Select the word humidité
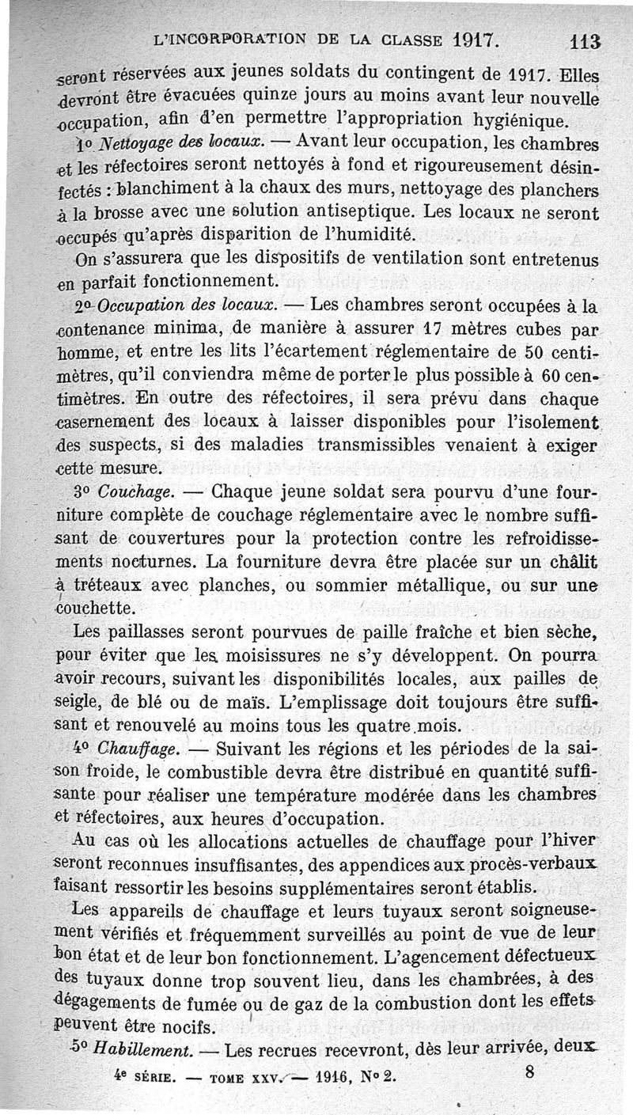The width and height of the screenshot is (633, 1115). [369, 235]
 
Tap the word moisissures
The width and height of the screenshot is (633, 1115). [283, 656]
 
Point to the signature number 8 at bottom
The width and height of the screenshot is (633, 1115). [529, 1074]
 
